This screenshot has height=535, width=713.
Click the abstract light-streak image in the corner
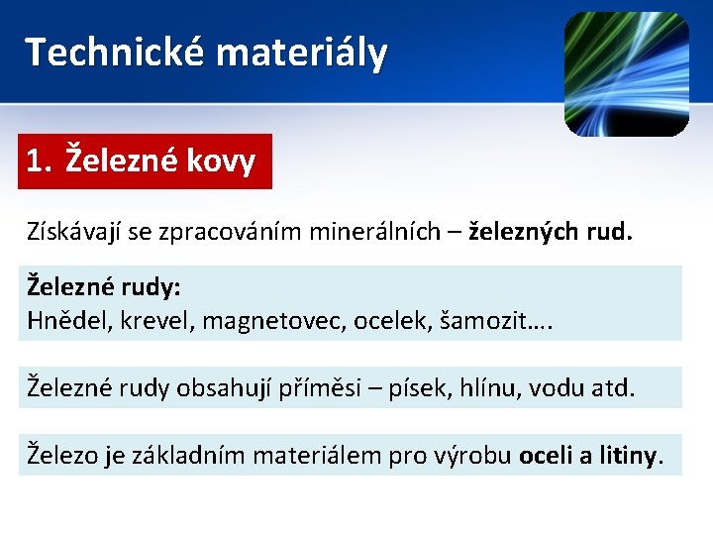coord(626,74)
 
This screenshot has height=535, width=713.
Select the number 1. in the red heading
coord(41,160)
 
